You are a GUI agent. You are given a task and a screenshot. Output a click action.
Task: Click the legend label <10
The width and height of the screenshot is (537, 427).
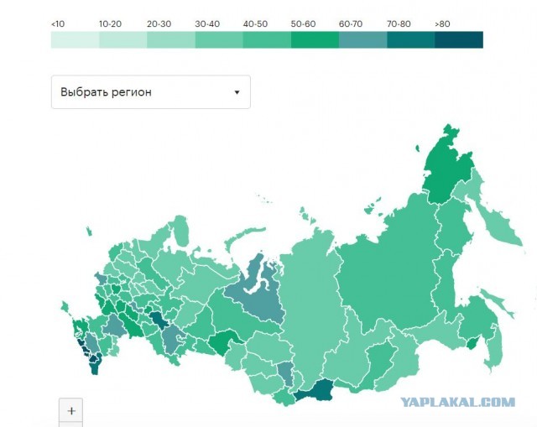coord(57,24)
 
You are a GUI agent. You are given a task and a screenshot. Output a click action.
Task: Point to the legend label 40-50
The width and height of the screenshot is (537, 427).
coord(255,24)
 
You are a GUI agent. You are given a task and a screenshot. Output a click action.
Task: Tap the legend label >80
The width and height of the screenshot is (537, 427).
coord(442,24)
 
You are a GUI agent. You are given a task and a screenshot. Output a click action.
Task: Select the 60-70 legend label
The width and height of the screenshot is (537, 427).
coord(351,24)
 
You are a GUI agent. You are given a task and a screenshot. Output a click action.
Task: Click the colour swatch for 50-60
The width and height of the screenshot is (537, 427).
coord(315,39)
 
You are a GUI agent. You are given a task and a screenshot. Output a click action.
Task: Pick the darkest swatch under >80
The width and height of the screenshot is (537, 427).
coord(459,39)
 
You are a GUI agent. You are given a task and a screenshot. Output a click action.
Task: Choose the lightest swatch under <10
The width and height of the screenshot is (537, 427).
coord(75,39)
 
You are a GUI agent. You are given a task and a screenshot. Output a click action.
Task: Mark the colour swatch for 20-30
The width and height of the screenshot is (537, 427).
coord(170,39)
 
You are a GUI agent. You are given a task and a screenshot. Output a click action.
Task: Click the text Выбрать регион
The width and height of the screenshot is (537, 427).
coord(106,92)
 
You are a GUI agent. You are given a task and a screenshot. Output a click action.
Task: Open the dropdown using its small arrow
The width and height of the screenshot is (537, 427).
coord(237,92)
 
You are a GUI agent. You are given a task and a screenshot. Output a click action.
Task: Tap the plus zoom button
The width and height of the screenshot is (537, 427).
coord(71,411)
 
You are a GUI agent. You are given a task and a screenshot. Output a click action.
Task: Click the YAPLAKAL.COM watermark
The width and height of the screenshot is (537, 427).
coord(457,402)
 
